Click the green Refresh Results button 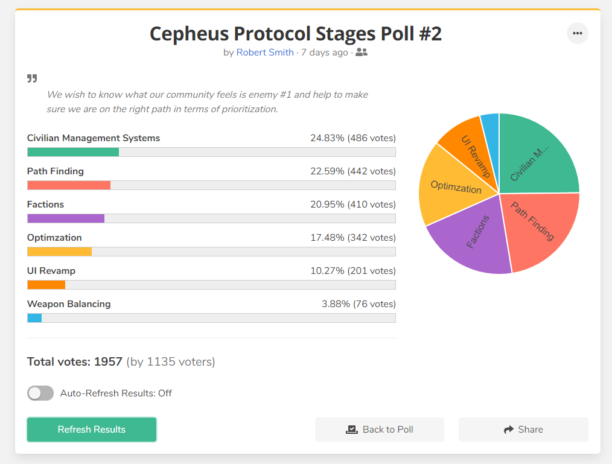[x=92, y=429]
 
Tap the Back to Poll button [x=380, y=429]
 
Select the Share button [x=523, y=429]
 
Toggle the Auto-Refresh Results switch [x=40, y=393]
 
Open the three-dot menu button [x=577, y=33]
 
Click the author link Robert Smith [x=265, y=52]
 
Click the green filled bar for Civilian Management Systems [x=73, y=152]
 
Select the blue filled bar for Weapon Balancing [x=34, y=318]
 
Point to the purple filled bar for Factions [x=66, y=218]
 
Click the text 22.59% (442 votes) [x=353, y=171]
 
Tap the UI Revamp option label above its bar [x=51, y=271]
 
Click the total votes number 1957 [x=108, y=362]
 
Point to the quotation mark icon [x=32, y=78]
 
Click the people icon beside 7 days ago [x=362, y=52]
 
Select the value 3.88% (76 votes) [x=359, y=304]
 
